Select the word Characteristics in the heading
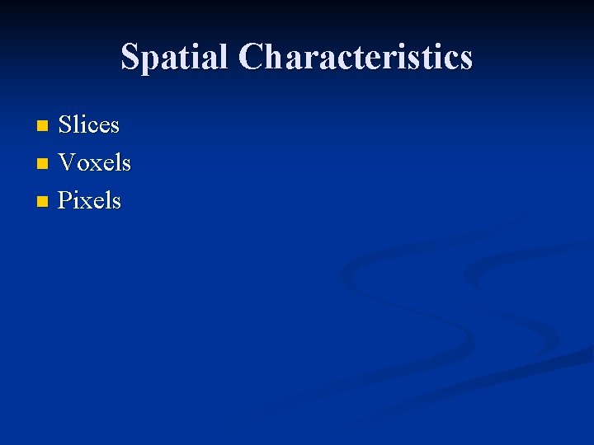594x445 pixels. point(356,57)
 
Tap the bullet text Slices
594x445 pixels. point(89,125)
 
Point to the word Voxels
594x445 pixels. point(94,163)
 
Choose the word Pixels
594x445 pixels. point(89,200)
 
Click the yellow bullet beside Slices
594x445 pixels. point(43,126)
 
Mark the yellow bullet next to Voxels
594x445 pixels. point(43,164)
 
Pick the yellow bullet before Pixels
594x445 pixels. point(43,201)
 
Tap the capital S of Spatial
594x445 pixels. point(130,57)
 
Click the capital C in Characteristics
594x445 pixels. point(251,57)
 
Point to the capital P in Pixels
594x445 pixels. point(64,200)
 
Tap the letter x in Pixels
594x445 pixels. point(85,201)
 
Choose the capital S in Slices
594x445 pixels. point(65,125)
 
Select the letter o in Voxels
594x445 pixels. point(82,164)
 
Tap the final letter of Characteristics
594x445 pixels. point(466,59)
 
